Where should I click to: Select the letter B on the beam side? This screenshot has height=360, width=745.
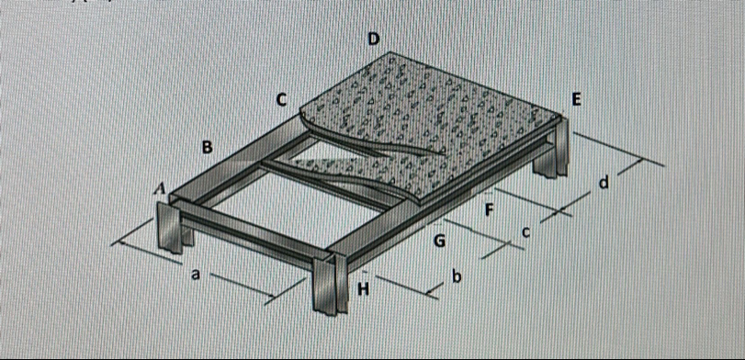click(208, 147)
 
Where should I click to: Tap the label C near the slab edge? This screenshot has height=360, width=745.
click(281, 100)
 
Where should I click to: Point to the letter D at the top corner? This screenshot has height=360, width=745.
click(374, 39)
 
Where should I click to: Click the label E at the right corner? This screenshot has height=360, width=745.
click(576, 100)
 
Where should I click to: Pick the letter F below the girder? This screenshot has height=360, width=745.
click(489, 209)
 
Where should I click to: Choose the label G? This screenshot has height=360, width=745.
click(439, 242)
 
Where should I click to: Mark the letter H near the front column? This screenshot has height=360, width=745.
click(363, 288)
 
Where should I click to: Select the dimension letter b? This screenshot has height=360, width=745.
click(457, 276)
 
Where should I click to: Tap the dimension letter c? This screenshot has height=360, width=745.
click(525, 232)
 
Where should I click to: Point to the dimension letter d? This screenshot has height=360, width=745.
click(604, 182)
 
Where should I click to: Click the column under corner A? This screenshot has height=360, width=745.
click(170, 227)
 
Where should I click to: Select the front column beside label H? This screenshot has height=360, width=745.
click(331, 284)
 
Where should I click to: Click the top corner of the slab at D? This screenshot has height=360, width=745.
click(390, 51)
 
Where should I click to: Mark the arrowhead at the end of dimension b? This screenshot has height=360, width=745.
click(430, 294)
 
